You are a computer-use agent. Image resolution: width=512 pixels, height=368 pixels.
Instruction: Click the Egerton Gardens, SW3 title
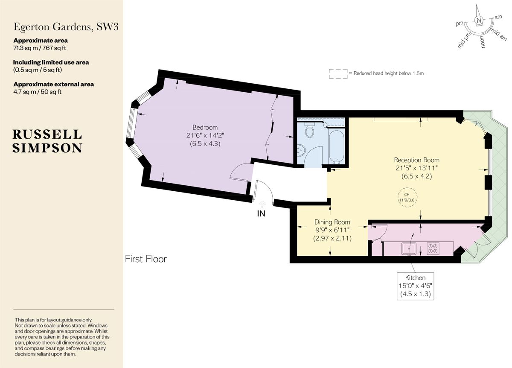(66, 27)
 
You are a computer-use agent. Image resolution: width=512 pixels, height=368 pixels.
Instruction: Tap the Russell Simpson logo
(47, 141)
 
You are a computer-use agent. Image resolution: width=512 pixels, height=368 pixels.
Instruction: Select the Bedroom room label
(205, 127)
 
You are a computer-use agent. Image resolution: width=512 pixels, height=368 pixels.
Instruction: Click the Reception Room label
(416, 160)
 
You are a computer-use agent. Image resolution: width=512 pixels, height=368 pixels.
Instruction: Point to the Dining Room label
(332, 222)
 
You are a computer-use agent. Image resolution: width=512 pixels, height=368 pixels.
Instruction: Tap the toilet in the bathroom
(310, 130)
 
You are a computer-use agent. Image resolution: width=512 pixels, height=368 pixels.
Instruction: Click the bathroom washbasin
(302, 150)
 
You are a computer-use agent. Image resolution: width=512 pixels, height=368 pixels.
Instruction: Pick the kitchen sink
(408, 248)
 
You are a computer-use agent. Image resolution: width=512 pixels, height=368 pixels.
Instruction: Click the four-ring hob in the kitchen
(433, 248)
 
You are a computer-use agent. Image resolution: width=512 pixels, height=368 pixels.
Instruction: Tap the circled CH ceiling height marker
(407, 197)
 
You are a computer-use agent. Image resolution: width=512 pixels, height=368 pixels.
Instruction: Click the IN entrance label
(261, 214)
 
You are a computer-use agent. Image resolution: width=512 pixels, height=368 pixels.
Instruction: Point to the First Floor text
(146, 259)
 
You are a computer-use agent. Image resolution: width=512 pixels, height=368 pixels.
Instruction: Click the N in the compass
(479, 20)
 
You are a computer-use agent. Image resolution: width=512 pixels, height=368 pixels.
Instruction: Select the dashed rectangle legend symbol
(337, 73)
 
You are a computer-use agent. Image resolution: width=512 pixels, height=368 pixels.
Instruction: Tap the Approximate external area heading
(54, 84)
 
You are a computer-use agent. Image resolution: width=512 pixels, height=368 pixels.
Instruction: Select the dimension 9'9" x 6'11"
(332, 230)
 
